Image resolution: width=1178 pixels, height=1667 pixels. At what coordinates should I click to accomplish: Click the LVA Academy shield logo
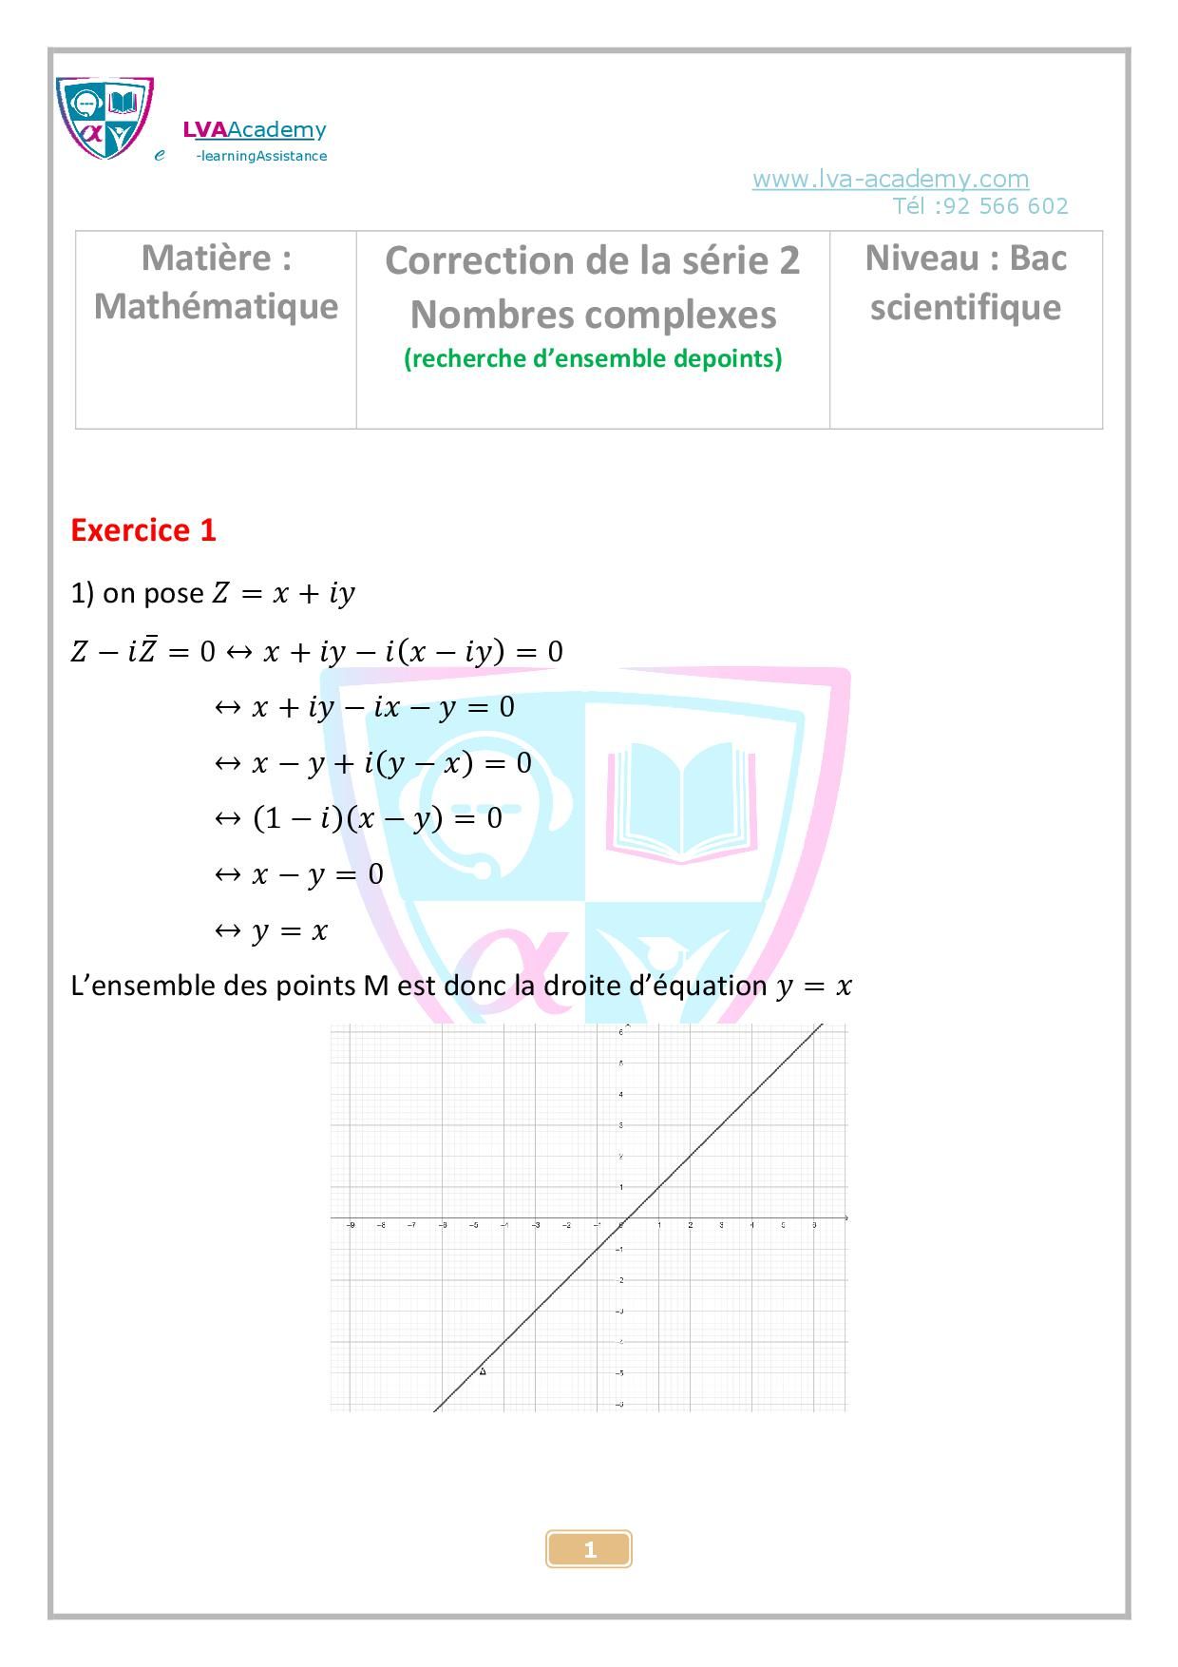point(104,119)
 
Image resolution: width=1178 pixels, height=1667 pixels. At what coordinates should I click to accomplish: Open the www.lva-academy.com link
point(890,179)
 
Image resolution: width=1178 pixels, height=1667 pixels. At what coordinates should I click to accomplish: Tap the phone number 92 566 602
point(1006,206)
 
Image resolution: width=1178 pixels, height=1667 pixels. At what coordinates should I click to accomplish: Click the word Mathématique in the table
point(216,306)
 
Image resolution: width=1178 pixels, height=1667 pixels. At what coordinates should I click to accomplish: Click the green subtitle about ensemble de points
point(593,358)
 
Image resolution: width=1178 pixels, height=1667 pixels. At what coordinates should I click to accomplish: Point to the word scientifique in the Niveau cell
point(965,307)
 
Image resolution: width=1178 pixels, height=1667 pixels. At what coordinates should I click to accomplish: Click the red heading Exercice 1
point(143,530)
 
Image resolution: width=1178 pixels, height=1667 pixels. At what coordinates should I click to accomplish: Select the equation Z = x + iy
point(283,594)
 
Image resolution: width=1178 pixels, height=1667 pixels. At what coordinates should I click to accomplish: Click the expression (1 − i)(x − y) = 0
point(377,818)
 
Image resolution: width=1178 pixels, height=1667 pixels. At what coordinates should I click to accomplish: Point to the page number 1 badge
point(589,1549)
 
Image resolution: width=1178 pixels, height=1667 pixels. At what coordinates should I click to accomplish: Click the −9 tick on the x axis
point(351,1225)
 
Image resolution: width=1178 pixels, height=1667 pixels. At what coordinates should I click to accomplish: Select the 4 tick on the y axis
point(620,1094)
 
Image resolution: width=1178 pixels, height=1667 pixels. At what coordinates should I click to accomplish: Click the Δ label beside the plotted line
point(483,1370)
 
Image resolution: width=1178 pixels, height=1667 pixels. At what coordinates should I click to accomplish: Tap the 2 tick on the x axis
point(690,1225)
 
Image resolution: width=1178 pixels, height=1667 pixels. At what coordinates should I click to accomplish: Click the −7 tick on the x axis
point(411,1225)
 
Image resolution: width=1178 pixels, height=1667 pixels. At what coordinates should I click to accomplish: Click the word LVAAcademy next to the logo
point(255,130)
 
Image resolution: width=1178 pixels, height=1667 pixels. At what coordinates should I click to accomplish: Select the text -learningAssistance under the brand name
point(261,157)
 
